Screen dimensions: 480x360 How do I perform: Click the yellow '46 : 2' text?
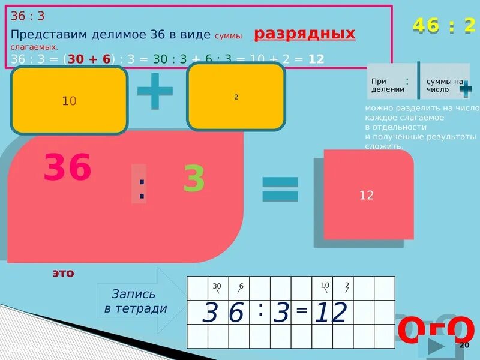point(443,25)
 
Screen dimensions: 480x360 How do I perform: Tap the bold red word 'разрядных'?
point(304,34)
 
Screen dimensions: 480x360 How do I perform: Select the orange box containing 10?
point(69,101)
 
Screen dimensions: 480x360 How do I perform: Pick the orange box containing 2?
point(236,97)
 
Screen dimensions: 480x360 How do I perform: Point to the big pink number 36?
point(67,167)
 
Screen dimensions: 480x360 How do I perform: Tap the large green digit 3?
point(194,178)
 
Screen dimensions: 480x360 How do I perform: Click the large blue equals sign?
point(280,189)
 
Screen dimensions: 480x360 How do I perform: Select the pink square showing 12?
point(367,195)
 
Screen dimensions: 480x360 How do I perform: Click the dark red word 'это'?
point(62,273)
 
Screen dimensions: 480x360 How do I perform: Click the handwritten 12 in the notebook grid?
point(331,313)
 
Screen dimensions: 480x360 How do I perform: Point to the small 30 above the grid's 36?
point(217,286)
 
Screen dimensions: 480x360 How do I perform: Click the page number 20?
point(464,346)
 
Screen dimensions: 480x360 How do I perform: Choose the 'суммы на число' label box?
point(445,85)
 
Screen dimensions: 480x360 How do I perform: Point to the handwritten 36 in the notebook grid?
point(223,313)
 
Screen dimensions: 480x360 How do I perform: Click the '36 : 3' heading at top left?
point(28,16)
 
